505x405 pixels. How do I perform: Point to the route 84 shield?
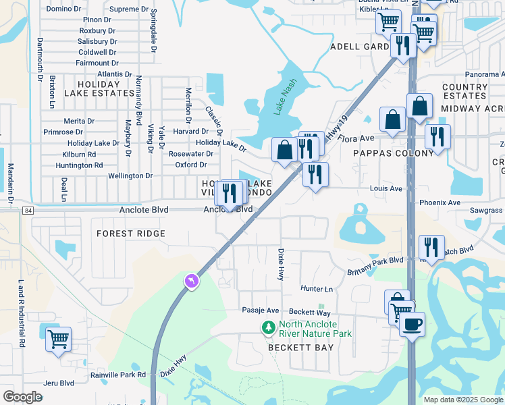click(x=27, y=210)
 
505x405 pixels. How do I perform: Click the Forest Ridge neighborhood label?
click(x=131, y=234)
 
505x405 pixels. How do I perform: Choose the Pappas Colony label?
click(x=394, y=153)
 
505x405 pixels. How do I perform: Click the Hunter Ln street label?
click(x=317, y=289)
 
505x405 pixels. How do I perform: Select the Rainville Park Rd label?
click(x=118, y=375)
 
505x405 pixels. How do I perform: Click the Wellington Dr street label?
click(x=130, y=175)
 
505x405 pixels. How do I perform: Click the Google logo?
click(x=22, y=396)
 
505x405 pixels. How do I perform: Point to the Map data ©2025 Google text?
click(x=462, y=400)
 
